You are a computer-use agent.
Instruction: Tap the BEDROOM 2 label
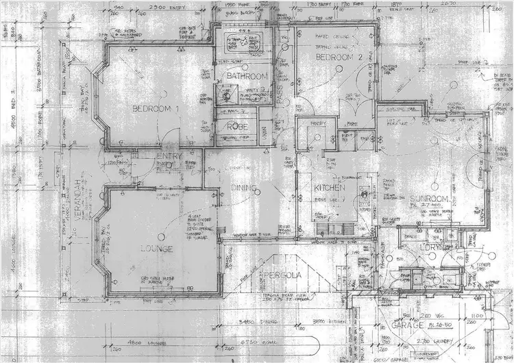click(x=337, y=58)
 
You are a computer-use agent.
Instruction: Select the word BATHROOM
click(x=246, y=76)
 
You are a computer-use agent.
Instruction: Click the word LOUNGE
click(x=157, y=248)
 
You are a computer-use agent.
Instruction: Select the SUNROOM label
click(x=429, y=199)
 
